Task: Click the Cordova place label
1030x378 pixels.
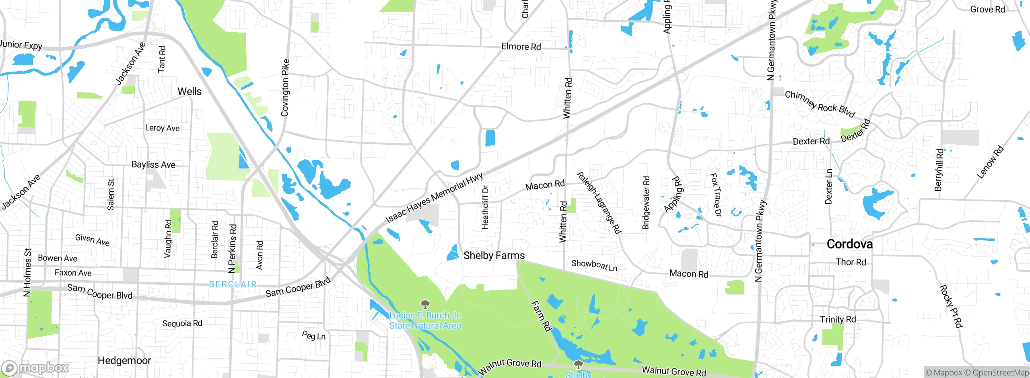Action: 849,244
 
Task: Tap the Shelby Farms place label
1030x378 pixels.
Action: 494,255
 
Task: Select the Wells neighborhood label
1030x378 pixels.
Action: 190,91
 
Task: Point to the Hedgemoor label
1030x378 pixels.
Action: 124,360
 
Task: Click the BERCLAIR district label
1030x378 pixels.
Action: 233,284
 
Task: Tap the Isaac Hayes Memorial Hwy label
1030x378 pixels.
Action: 434,198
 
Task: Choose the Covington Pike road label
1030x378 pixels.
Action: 285,88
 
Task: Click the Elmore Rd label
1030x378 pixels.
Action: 521,47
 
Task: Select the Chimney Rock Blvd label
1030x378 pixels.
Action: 820,104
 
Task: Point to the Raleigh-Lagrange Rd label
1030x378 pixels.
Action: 599,203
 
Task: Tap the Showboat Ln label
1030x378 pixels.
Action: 594,265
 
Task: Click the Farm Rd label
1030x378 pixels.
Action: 541,316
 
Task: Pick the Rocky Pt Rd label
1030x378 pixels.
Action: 951,306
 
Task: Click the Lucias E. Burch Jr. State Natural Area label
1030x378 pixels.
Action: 425,320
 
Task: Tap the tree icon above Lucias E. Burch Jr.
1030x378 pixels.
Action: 425,304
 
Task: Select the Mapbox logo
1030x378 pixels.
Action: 35,368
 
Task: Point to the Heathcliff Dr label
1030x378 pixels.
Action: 485,207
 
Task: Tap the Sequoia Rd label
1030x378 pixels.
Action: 182,323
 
